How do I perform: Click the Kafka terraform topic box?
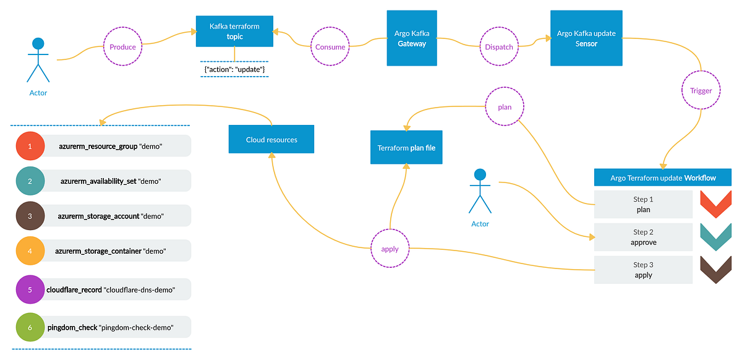[x=234, y=32]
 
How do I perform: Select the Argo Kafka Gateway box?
[x=412, y=38]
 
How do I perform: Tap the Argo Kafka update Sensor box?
[x=586, y=38]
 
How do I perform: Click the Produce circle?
[x=122, y=47]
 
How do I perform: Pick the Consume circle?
[x=330, y=47]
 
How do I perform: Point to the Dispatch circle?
[x=498, y=47]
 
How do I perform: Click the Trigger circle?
[x=701, y=91]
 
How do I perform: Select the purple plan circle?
[x=505, y=106]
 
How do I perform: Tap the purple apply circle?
[x=390, y=249]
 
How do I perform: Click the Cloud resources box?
[x=271, y=139]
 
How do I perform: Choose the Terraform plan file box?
[x=406, y=147]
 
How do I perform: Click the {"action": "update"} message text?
[x=234, y=70]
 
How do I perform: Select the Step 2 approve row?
[x=643, y=238]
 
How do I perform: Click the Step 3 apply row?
[x=643, y=270]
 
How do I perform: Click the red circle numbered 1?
[x=30, y=146]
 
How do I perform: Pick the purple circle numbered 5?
[x=30, y=289]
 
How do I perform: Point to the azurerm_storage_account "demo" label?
[x=111, y=216]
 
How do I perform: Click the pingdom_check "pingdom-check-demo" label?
[x=111, y=327]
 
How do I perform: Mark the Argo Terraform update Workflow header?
[x=663, y=178]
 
